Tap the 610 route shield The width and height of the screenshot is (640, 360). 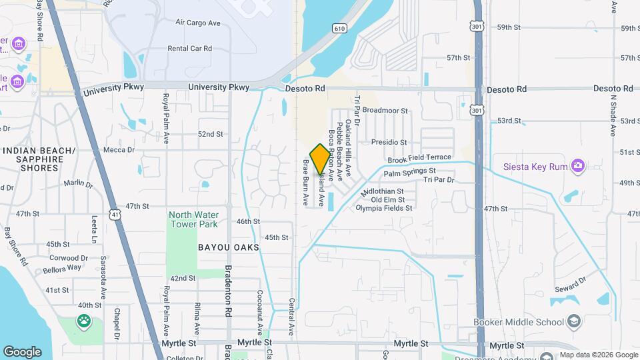coord(339,28)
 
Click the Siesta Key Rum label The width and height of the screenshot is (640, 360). coord(535,165)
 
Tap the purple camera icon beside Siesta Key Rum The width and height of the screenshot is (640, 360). coord(577,165)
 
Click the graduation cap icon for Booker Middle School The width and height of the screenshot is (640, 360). coord(573,322)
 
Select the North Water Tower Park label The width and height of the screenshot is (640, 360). coord(193,219)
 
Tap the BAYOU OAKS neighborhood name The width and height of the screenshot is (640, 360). coord(228,247)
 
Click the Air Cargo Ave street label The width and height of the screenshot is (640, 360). coord(198,23)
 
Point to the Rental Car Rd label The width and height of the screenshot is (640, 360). coord(189,49)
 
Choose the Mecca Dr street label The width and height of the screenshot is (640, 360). coord(119,150)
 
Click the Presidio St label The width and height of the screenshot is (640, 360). coord(389,142)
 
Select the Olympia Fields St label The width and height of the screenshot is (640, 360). coord(384,208)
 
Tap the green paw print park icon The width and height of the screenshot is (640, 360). coord(85,322)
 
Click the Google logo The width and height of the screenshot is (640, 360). coord(22,351)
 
